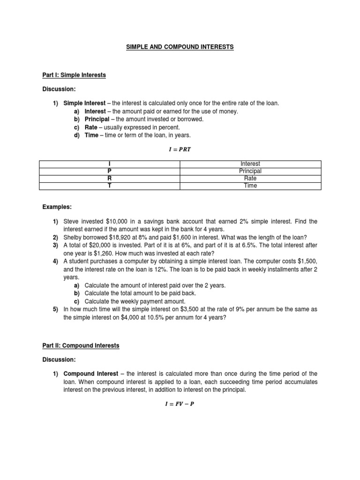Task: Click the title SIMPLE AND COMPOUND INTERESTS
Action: [180, 47]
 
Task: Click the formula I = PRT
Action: [180, 150]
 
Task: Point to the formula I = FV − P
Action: [180, 405]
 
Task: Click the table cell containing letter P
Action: [109, 171]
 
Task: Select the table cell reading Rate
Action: [250, 178]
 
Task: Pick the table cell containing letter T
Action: [109, 186]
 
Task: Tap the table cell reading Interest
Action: [250, 164]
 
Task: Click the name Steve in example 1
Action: [71, 221]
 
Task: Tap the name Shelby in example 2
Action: [73, 237]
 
